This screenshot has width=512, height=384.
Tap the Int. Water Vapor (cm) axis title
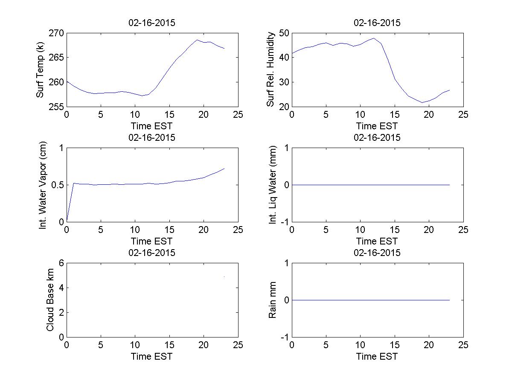43,184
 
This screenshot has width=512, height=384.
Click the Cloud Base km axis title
50,300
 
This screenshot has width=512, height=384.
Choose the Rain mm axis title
273,300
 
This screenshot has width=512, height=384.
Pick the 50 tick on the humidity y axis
283,33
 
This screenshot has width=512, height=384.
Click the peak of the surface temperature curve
197,40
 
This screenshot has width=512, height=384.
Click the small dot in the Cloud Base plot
224,277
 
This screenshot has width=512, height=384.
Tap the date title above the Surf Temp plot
152,23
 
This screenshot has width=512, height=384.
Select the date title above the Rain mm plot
377,253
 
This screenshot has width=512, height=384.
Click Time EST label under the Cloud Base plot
152,356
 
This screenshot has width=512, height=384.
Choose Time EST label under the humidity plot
377,126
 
